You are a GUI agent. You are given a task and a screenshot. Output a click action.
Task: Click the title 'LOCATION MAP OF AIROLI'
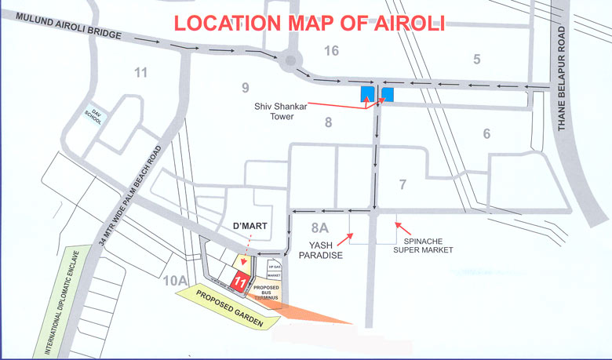pos(309,21)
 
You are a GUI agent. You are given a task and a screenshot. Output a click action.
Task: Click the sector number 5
pos(475,58)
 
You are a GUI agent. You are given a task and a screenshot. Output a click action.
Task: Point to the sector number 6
pos(486,134)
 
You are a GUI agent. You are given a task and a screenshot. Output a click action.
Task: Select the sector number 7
pos(403,185)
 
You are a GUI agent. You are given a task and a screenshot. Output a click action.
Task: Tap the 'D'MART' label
pos(252,227)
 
